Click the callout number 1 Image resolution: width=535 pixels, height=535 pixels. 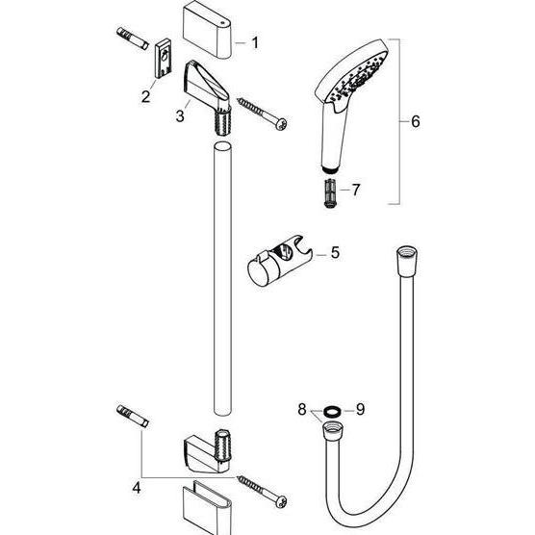point(255,43)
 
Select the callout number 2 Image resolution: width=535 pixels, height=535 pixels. point(145,96)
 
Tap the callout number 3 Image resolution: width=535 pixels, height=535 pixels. point(180,115)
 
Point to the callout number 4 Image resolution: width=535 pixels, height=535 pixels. point(137,488)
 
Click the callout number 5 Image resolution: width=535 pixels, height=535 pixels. point(335,252)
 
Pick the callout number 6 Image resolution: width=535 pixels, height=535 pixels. point(416,121)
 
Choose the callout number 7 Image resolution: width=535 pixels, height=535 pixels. point(356,190)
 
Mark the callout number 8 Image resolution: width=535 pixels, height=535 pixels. point(302,409)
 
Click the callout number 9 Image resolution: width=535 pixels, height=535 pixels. point(360,409)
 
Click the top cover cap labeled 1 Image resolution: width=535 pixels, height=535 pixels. point(207,30)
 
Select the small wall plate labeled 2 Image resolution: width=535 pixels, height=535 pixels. point(164,60)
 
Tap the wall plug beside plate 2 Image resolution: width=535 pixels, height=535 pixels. point(133,38)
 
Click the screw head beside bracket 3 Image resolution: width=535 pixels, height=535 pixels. point(282,123)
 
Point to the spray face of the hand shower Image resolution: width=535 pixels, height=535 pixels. point(358,77)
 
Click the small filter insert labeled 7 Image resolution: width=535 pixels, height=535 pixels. point(330,192)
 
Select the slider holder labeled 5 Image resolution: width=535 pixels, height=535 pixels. point(279,260)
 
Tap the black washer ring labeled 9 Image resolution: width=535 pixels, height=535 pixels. point(331,412)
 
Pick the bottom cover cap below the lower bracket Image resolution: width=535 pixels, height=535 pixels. point(207,508)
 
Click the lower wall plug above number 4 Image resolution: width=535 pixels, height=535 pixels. point(133,416)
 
